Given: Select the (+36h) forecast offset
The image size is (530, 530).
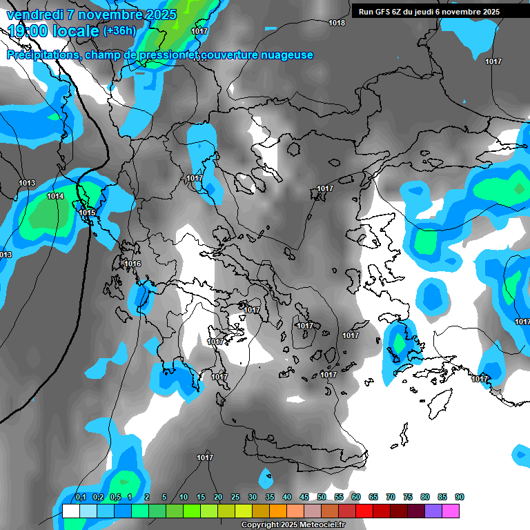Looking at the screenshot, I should coord(119,31).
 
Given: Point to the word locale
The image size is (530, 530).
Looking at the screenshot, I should coord(76,31).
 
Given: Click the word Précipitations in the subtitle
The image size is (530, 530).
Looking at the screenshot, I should coord(43,55).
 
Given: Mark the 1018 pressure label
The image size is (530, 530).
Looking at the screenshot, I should coord(337,23).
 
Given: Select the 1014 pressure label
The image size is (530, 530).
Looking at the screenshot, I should coord(55,197).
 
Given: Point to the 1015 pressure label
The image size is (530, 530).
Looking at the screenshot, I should coord(87,213).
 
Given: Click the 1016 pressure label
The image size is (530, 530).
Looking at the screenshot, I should coord(132,264).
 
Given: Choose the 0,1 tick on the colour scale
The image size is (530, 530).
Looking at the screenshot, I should coord(80,498).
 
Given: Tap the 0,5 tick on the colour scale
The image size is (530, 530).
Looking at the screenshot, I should coord(115,498).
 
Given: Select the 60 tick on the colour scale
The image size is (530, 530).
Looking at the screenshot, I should coord(356,498).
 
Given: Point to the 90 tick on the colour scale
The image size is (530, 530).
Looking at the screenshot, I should coord(460,498).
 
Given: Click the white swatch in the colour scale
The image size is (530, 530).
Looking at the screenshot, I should coord(70,511).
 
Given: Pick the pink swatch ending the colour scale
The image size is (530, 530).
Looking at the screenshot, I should coord(451,511).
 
